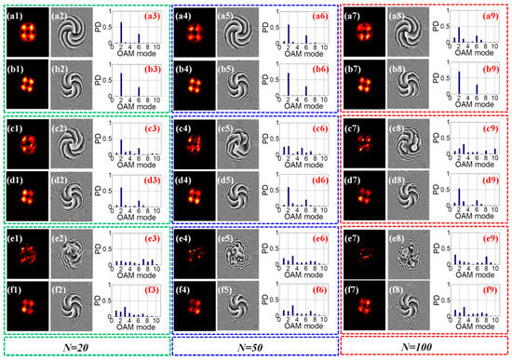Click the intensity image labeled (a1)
pos(26,33)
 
